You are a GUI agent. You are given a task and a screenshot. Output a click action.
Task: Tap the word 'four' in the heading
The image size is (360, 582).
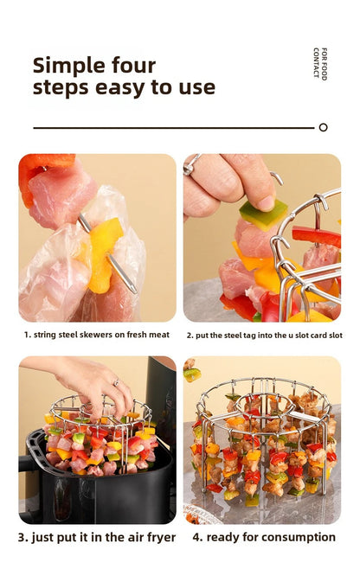[x=132, y=66]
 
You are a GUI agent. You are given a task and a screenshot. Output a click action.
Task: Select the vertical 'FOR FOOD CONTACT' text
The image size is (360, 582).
[x=320, y=63]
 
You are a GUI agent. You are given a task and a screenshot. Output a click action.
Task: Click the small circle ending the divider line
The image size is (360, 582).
[x=323, y=127]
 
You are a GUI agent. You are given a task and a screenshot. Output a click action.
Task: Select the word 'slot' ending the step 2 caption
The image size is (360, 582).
[x=332, y=335]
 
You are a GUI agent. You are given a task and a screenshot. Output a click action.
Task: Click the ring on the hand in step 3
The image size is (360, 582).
[x=114, y=381]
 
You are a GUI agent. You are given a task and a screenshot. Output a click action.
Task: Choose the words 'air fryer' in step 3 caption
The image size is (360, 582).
[x=147, y=537]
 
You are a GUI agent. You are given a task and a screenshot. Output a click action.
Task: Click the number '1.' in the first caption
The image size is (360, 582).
[x=27, y=335]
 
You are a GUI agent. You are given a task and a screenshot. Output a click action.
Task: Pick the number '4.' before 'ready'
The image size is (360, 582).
[x=196, y=537]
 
